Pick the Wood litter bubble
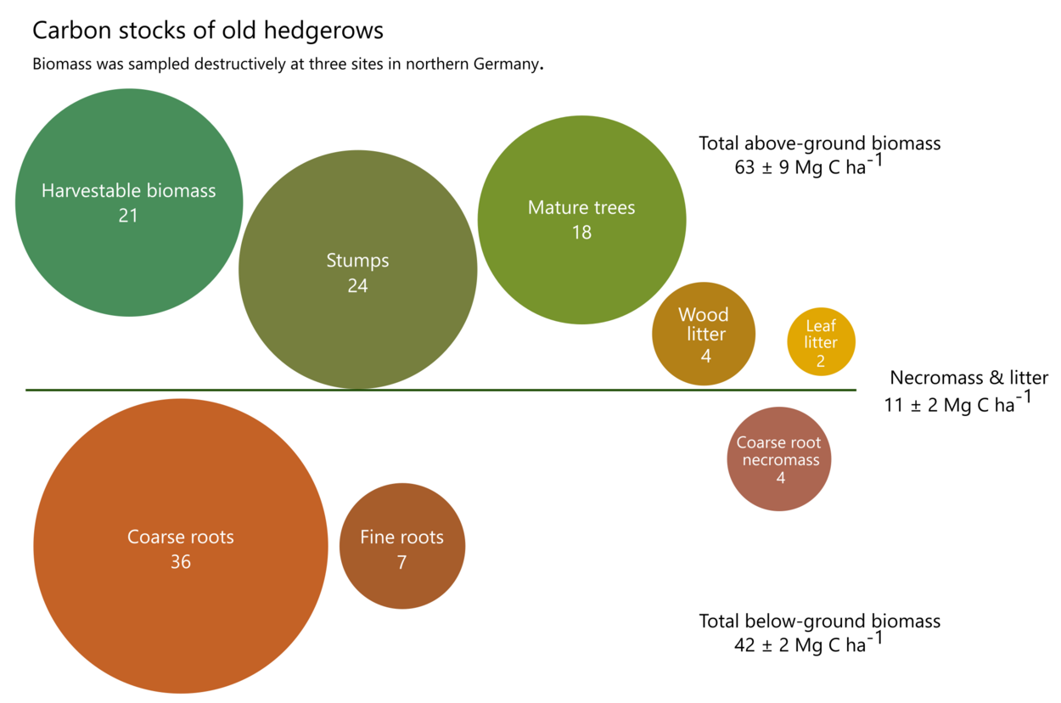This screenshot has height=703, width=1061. (x=703, y=334)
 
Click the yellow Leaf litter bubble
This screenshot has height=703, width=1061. (x=821, y=342)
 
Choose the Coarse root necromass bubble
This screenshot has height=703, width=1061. (x=778, y=459)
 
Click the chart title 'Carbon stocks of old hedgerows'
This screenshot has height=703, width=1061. (x=208, y=31)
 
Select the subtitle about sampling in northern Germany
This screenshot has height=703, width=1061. (x=287, y=65)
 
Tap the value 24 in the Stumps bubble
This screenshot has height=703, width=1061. (x=357, y=286)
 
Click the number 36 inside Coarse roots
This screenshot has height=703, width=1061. (x=180, y=562)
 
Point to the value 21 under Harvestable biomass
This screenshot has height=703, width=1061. (x=128, y=216)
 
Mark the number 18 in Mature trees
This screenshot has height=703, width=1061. (x=581, y=232)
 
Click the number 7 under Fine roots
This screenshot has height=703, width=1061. (x=401, y=562)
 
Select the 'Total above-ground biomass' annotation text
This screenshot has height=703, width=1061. (x=819, y=143)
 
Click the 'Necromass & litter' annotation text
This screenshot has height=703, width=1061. (x=968, y=378)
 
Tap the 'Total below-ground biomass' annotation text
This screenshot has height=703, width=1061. (x=819, y=621)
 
